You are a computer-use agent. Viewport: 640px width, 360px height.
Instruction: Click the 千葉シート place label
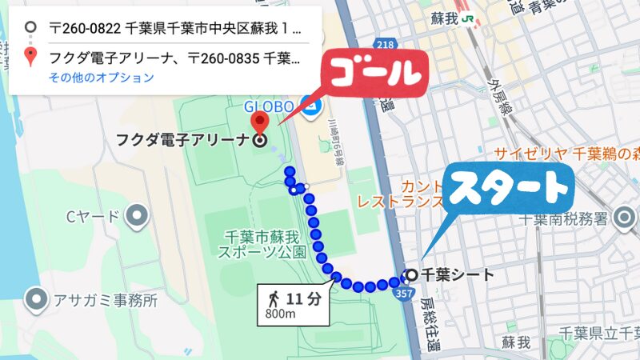coord(457,275)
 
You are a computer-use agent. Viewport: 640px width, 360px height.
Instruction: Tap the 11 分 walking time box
coord(294,304)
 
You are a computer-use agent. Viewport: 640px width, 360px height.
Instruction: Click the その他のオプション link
coord(101,78)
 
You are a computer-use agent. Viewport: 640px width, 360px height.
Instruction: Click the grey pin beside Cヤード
coord(138,215)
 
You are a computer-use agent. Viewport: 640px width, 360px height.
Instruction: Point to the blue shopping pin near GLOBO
coord(309,105)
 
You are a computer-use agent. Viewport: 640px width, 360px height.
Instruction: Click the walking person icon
coord(274,299)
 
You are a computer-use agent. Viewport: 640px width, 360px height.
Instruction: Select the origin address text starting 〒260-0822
coord(175,29)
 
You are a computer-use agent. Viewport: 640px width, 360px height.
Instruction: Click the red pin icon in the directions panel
coord(30,57)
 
